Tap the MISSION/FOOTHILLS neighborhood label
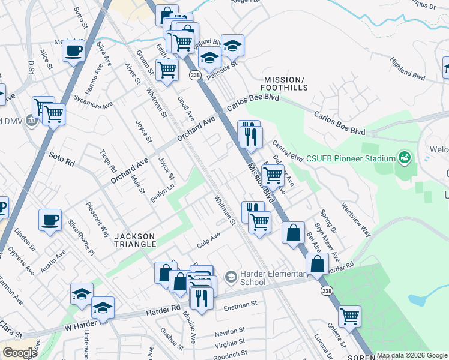[285, 83]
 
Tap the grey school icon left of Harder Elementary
[230, 277]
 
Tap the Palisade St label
[222, 70]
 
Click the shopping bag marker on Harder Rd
[317, 263]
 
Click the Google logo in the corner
[20, 353]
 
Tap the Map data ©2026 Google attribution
[412, 355]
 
